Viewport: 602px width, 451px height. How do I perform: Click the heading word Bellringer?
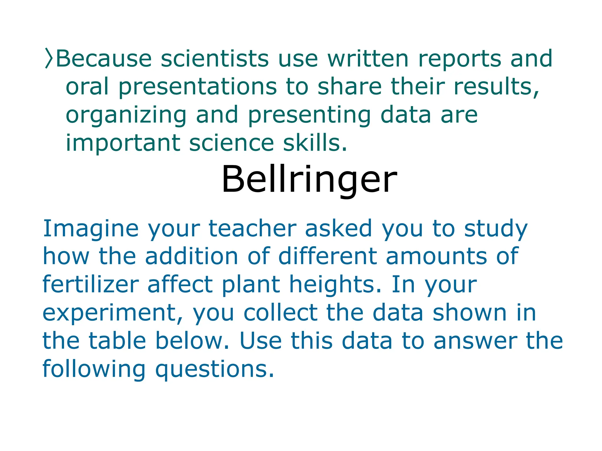click(x=309, y=179)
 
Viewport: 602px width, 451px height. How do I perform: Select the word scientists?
click(x=215, y=58)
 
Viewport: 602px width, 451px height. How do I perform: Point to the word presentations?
click(x=198, y=87)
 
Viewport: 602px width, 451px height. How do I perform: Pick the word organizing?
click(x=126, y=115)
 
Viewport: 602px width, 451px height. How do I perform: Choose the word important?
click(x=123, y=143)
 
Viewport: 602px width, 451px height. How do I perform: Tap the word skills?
click(x=315, y=143)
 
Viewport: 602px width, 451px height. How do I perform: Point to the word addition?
click(x=191, y=256)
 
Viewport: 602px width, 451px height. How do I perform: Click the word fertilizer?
click(x=91, y=284)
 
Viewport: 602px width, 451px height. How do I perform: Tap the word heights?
click(x=335, y=284)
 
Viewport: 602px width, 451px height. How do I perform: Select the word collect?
click(x=280, y=313)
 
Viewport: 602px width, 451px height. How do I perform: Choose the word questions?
click(x=215, y=369)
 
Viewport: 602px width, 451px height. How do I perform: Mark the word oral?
click(x=87, y=87)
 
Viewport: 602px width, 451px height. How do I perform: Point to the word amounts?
click(x=436, y=256)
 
